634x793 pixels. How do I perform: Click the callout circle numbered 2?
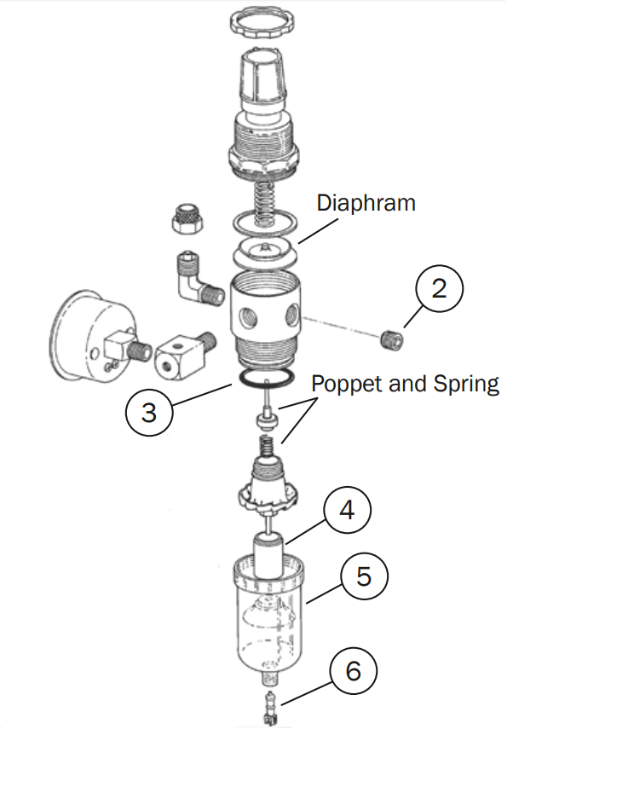click(439, 288)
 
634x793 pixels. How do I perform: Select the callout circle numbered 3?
click(149, 413)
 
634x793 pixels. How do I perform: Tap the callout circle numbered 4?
click(346, 510)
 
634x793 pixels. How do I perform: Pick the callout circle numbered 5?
click(364, 576)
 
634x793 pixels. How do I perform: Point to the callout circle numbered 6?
click(353, 671)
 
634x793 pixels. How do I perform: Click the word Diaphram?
click(366, 203)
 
